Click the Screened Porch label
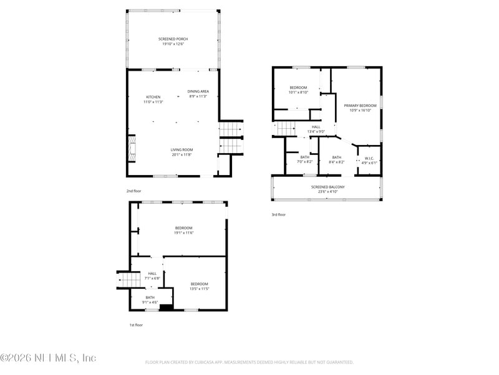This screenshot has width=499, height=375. point(173,41)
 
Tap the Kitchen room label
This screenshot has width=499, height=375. point(153,99)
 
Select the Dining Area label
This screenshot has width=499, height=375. point(198,94)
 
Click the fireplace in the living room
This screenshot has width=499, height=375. point(132,149)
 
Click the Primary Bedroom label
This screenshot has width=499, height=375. point(360,108)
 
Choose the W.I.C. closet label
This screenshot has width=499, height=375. point(369,160)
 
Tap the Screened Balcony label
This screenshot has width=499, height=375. point(328,189)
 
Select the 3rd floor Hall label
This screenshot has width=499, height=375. point(316,129)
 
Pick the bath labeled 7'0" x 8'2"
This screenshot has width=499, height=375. point(304,159)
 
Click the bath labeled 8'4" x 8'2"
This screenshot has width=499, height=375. point(336,159)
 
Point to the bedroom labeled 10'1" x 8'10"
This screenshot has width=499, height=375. point(298,89)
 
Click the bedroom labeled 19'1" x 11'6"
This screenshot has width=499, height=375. point(183,230)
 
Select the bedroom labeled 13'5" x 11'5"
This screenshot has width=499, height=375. point(199,287)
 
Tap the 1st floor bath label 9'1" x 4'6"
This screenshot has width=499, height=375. point(150,299)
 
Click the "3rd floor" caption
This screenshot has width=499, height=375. point(278,214)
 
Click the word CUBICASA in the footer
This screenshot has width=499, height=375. point(211,362)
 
